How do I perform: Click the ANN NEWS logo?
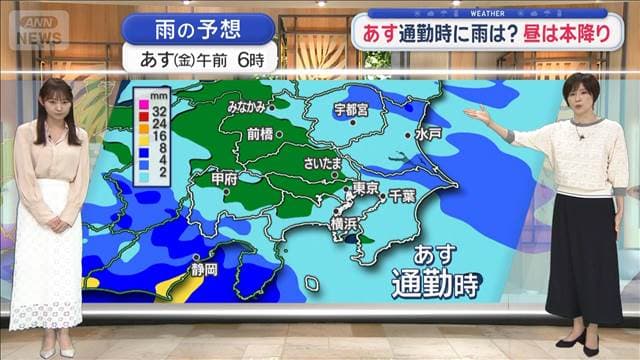[x=38, y=28]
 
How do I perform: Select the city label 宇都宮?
[x=351, y=108]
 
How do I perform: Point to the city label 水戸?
[x=429, y=133]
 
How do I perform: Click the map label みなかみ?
[x=246, y=107]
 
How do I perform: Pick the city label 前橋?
[x=259, y=133]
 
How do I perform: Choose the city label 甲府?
[x=226, y=180]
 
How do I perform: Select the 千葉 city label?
[x=402, y=195]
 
